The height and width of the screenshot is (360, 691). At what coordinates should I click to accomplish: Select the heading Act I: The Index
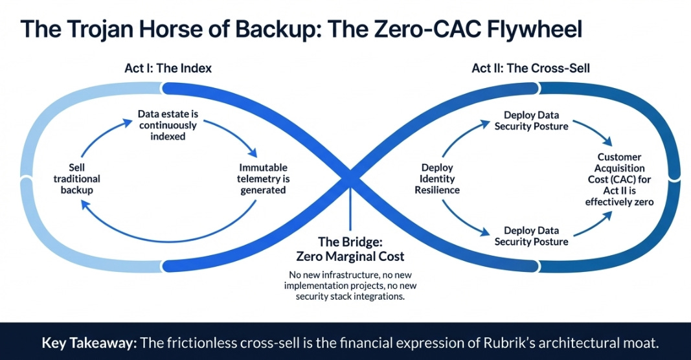click(x=168, y=68)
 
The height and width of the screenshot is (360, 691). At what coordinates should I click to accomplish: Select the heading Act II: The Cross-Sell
click(x=530, y=68)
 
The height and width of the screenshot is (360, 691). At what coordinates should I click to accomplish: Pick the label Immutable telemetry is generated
click(x=263, y=179)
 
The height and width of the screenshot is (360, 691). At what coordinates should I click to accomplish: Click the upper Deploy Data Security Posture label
click(x=531, y=120)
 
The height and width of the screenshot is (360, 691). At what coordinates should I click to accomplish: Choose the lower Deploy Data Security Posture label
click(x=531, y=236)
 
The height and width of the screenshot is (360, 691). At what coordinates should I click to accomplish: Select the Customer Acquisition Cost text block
click(x=620, y=179)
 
